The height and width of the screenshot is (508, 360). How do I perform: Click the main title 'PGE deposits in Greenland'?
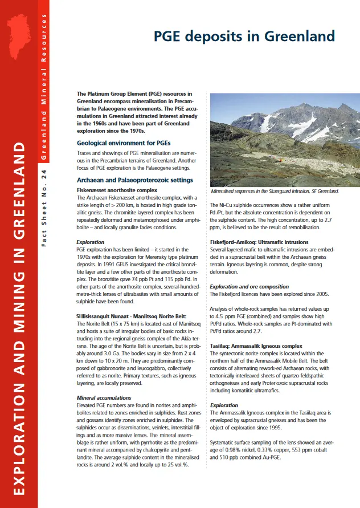point(244,37)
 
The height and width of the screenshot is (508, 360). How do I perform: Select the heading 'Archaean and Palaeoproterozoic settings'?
point(135,180)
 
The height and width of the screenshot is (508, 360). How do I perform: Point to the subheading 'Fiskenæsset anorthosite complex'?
point(117,189)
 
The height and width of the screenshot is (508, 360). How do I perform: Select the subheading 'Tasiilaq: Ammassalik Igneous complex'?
point(256,346)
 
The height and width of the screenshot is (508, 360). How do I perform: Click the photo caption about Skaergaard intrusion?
point(275,191)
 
